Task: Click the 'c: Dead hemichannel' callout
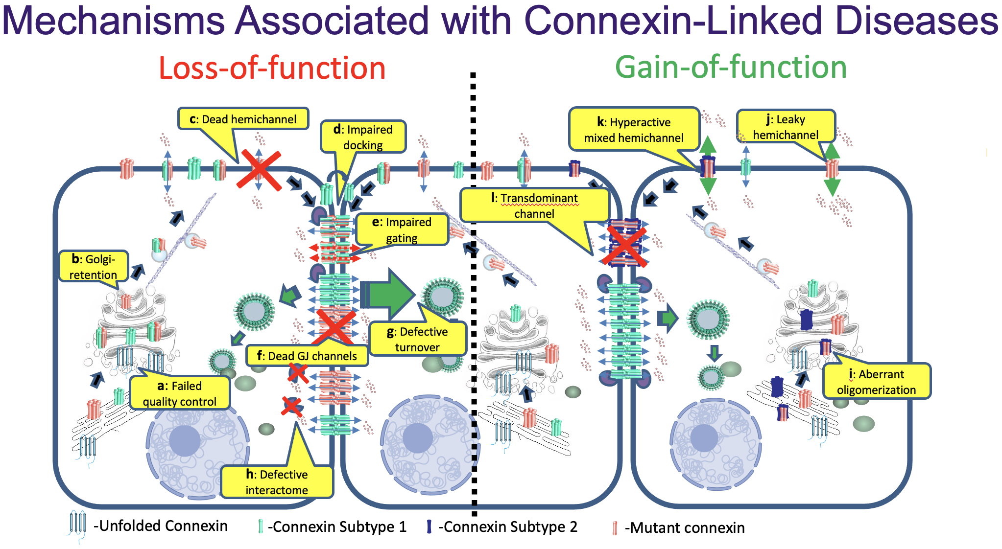[243, 119]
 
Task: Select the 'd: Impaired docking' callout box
[363, 137]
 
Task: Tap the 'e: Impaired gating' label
[402, 229]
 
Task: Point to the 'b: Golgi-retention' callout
[93, 267]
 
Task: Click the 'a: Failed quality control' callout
[179, 393]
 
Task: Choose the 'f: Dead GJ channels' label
[307, 356]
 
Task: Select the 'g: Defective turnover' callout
[417, 339]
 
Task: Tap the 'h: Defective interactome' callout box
[277, 482]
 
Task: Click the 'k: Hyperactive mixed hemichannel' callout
[634, 130]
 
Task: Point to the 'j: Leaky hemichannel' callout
[786, 127]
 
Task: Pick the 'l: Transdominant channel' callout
[534, 206]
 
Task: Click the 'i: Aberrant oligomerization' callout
[876, 382]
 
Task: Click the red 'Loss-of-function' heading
[272, 68]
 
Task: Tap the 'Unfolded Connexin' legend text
[160, 526]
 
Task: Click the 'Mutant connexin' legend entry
[684, 528]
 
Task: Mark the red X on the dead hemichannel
[259, 170]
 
